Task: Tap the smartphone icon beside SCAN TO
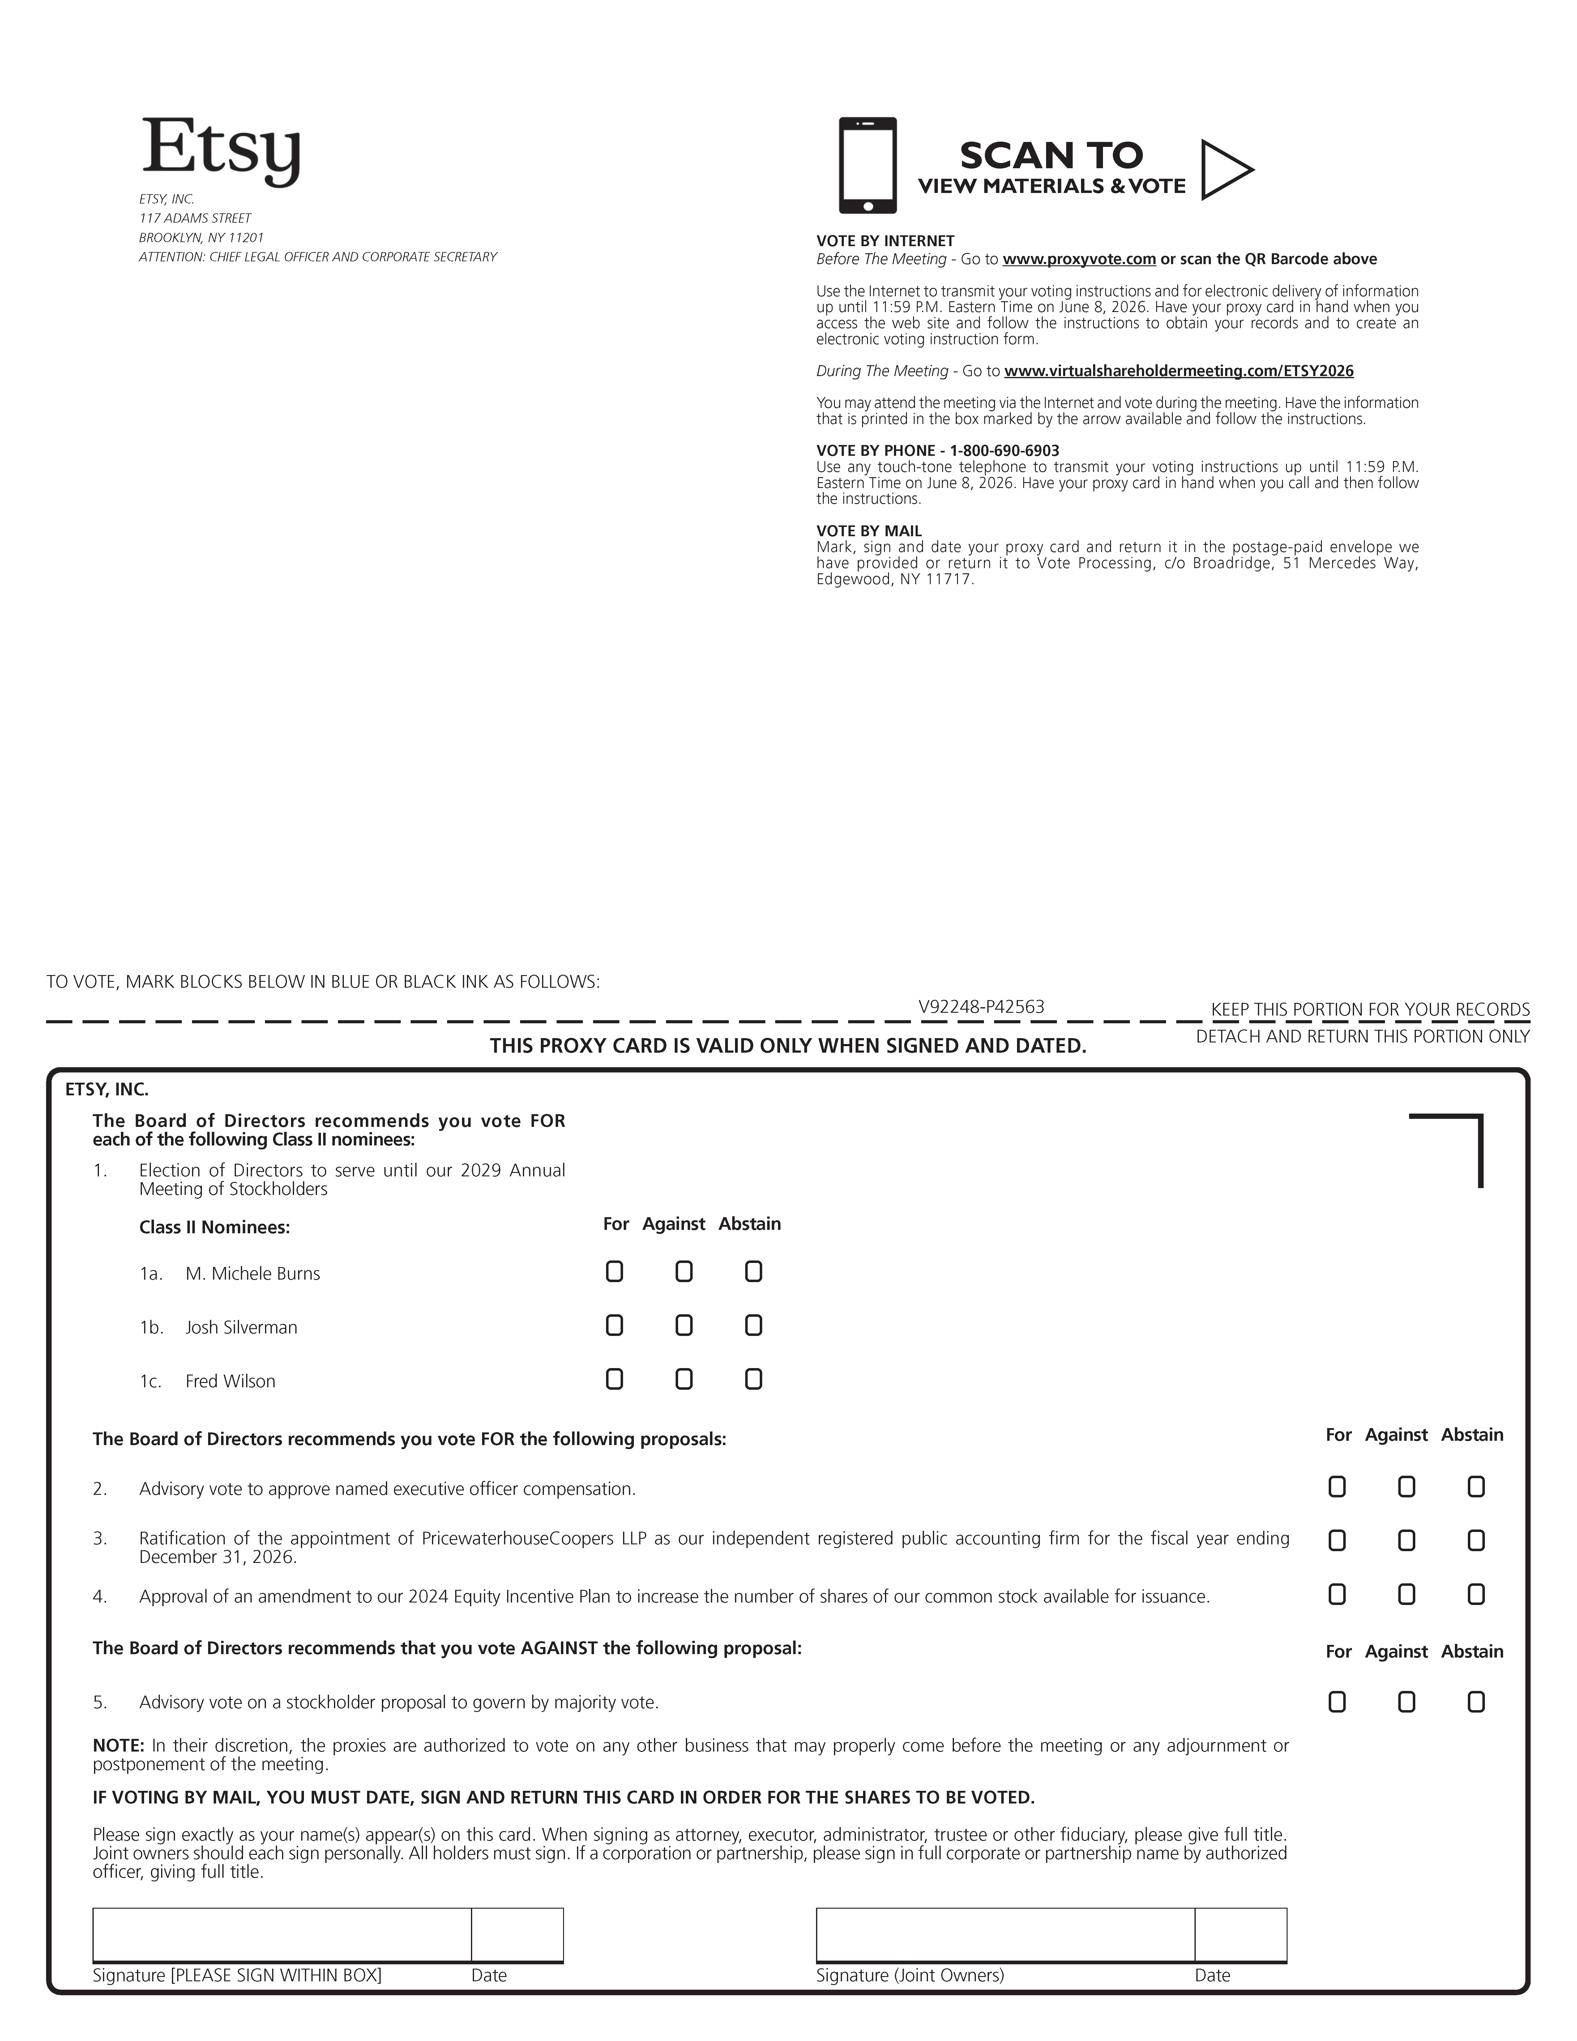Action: (x=867, y=165)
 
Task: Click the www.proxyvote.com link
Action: (x=1079, y=259)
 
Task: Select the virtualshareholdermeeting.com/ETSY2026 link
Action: (x=1178, y=371)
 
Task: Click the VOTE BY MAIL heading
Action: (x=869, y=531)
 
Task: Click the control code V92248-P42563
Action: (x=981, y=1007)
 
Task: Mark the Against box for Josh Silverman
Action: (x=684, y=1325)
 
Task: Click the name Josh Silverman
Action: (x=241, y=1327)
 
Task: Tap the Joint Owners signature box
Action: (x=1004, y=1933)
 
